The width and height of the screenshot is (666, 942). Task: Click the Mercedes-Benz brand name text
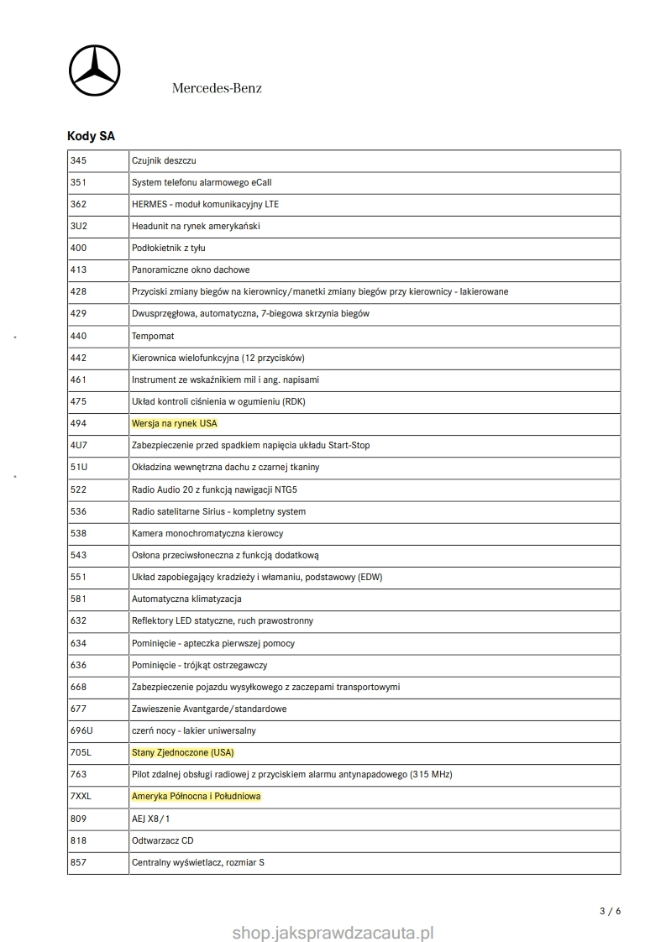tap(217, 88)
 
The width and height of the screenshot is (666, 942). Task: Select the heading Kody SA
tap(91, 136)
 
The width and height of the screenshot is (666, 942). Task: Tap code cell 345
tap(79, 160)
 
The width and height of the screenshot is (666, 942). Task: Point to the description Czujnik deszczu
tap(164, 160)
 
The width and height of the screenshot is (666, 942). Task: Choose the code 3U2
tap(79, 226)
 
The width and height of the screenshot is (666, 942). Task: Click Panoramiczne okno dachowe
tap(191, 270)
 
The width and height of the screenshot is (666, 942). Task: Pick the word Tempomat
tap(153, 336)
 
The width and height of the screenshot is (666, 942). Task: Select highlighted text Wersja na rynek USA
tap(175, 423)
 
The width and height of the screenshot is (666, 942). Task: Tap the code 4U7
tap(79, 445)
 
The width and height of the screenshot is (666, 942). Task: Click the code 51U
tap(79, 467)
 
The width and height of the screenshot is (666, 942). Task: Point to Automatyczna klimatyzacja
tap(187, 599)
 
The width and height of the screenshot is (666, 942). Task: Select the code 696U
tap(81, 730)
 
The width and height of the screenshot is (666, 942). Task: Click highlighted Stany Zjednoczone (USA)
tap(183, 752)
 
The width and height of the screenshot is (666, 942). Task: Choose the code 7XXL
tap(81, 796)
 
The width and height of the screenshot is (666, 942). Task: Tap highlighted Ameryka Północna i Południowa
tap(197, 796)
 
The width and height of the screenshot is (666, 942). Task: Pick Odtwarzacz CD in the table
tap(163, 840)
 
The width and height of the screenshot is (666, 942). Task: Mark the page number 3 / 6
tap(611, 911)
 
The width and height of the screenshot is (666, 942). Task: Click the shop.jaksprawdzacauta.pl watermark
tap(333, 931)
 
